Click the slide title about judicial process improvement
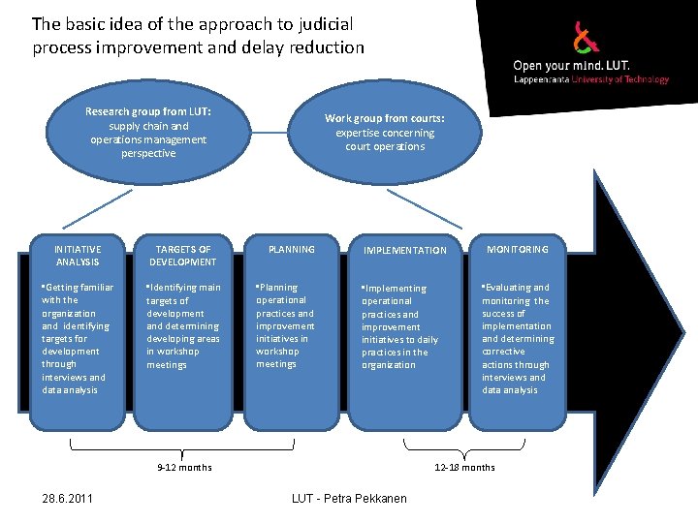(x=199, y=35)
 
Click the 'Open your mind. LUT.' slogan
(x=571, y=66)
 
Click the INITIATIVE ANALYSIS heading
(x=78, y=256)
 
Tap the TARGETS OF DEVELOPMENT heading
(x=183, y=256)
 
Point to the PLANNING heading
(x=292, y=250)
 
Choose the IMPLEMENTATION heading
(x=404, y=251)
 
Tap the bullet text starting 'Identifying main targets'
(x=183, y=326)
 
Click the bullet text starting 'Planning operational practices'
(x=285, y=325)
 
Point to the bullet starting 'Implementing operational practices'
(x=399, y=327)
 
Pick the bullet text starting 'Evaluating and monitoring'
(x=519, y=338)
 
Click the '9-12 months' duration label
(x=184, y=468)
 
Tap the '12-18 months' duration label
(x=464, y=468)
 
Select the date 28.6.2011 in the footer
(x=68, y=499)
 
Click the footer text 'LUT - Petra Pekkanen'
(x=349, y=499)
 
